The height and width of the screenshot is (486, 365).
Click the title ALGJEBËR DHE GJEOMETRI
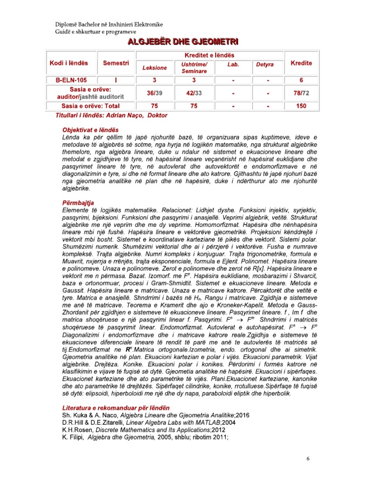(x=182, y=42)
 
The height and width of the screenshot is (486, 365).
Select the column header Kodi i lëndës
(x=69, y=63)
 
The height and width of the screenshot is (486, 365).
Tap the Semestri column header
(x=115, y=63)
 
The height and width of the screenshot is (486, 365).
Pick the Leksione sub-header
(x=154, y=68)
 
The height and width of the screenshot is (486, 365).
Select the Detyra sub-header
(x=265, y=63)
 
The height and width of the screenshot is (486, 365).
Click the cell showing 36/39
(x=154, y=93)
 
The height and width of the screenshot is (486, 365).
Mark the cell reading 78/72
(x=301, y=93)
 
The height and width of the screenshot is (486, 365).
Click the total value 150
(x=301, y=106)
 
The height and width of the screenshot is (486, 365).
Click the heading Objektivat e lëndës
(x=90, y=130)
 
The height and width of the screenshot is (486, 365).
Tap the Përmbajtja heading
(x=78, y=202)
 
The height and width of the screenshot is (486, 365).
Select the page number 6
(x=308, y=459)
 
